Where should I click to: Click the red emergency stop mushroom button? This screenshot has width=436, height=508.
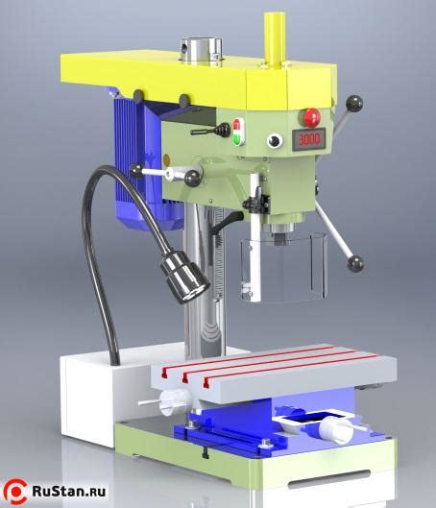point(311,117)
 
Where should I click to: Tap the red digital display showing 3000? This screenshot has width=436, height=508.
point(308,139)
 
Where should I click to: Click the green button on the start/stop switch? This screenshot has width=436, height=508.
point(238,138)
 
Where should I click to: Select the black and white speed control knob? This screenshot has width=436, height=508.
point(275,141)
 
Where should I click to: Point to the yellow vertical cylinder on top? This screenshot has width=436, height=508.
point(275,39)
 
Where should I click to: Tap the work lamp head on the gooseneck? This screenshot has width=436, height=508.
point(184,277)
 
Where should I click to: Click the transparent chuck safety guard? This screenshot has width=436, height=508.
point(282,268)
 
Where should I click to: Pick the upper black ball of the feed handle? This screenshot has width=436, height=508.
point(354,104)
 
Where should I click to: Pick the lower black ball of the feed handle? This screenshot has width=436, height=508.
point(355,263)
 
